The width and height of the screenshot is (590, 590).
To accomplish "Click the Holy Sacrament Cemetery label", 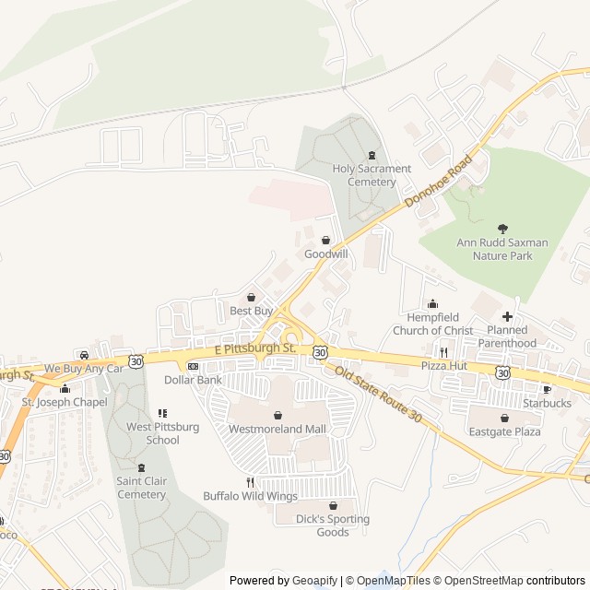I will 372,175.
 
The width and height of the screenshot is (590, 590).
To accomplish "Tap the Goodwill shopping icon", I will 325,240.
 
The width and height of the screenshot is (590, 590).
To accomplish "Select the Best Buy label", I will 252,311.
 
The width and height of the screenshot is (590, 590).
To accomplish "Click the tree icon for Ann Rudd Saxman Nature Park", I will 502,228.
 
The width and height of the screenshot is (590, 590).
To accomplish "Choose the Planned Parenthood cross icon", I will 507,316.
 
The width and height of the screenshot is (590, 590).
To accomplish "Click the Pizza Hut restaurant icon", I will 443,352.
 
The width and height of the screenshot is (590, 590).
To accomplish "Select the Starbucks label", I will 547,403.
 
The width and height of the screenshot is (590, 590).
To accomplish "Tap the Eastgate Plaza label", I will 504,431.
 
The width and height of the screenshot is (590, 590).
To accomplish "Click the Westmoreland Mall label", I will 277,429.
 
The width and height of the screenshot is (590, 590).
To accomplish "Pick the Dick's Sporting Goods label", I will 333,525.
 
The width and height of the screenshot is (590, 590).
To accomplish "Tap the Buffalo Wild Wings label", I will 251,496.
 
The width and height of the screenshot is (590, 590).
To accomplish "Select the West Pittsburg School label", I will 163,433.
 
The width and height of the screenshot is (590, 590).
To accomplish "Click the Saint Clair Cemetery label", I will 141,488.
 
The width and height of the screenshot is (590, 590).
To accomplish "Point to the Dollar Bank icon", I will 193,366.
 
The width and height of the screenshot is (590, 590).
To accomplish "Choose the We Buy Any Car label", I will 84,369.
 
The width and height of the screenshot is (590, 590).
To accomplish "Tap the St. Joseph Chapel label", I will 65,402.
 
